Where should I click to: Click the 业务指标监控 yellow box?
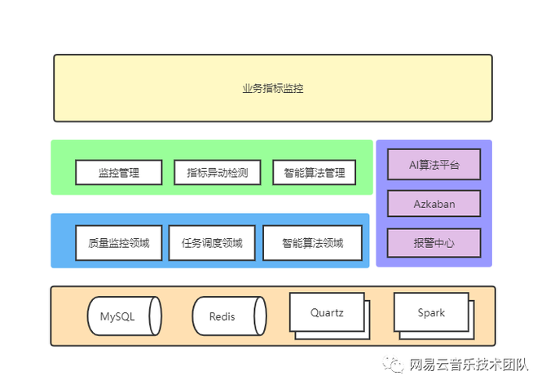pyautogui.click(x=273, y=88)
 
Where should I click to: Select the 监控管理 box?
pyautogui.click(x=119, y=173)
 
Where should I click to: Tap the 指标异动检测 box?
pyautogui.click(x=217, y=173)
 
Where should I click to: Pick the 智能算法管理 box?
pyautogui.click(x=315, y=173)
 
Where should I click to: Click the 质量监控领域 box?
pyautogui.click(x=119, y=243)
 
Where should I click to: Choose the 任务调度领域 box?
pyautogui.click(x=212, y=243)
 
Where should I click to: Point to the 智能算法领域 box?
pyautogui.click(x=313, y=243)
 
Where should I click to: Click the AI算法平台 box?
pyautogui.click(x=434, y=165)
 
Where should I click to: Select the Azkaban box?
pyautogui.click(x=434, y=204)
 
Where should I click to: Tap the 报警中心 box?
pyautogui.click(x=434, y=243)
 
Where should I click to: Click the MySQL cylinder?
pyautogui.click(x=124, y=316)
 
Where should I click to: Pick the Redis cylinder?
pyautogui.click(x=228, y=316)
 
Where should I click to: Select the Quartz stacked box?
pyautogui.click(x=328, y=313)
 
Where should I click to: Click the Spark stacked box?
pyautogui.click(x=432, y=313)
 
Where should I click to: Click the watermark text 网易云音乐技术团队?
pyautogui.click(x=469, y=364)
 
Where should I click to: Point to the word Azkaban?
pyautogui.click(x=434, y=204)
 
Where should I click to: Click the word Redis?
pyautogui.click(x=222, y=316)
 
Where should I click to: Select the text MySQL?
pyautogui.click(x=118, y=316)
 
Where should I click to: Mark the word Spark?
pyautogui.click(x=432, y=312)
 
